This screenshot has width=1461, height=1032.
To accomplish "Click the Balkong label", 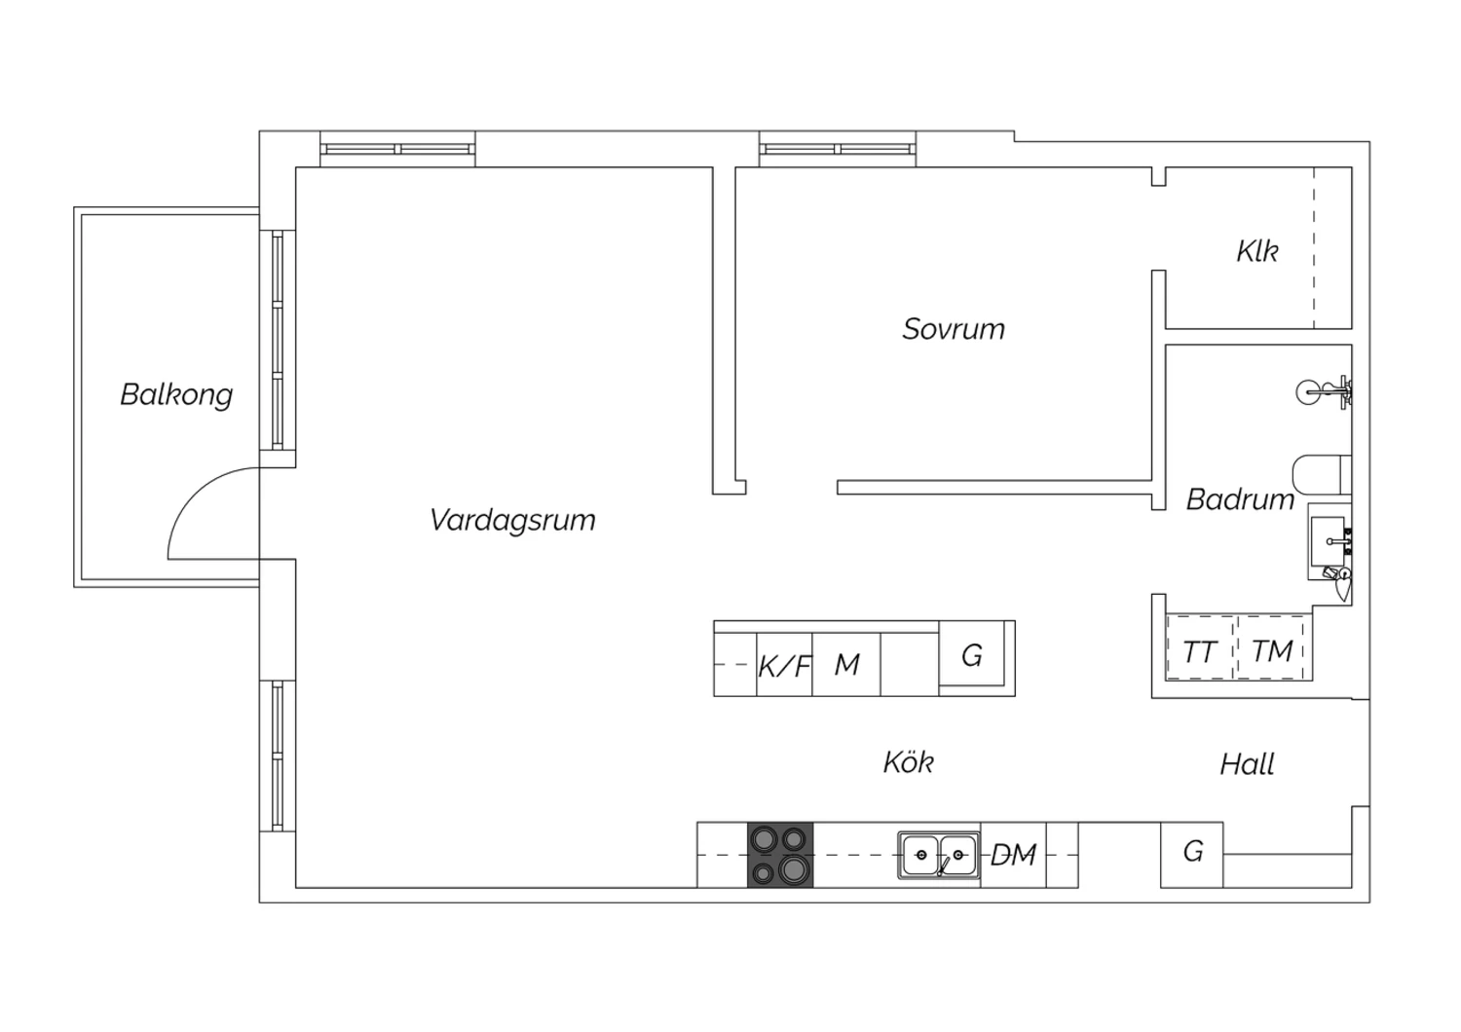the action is [176, 395].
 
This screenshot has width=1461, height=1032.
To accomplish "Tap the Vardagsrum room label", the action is [512, 520].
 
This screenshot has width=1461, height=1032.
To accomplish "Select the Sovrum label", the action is [954, 329].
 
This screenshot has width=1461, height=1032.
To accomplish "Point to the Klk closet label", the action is [1256, 251].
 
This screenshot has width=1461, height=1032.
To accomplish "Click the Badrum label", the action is [1240, 500].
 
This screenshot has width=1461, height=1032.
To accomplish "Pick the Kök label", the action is [909, 761].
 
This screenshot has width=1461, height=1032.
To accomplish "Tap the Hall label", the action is [1247, 764].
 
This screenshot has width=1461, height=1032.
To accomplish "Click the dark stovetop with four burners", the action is [780, 855].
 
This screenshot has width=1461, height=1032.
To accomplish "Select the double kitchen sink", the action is [939, 855].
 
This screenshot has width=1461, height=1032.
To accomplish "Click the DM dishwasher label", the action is [1014, 855].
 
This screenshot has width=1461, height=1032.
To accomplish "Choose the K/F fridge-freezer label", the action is [785, 666].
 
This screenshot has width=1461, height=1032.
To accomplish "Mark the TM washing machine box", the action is [1271, 647].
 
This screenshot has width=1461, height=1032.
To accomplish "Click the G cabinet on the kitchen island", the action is [972, 653].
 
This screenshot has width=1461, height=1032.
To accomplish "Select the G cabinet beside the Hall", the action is [1191, 855].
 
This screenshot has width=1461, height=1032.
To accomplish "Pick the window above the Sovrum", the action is [838, 149].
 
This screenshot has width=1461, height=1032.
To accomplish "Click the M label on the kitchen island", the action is [846, 665].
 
